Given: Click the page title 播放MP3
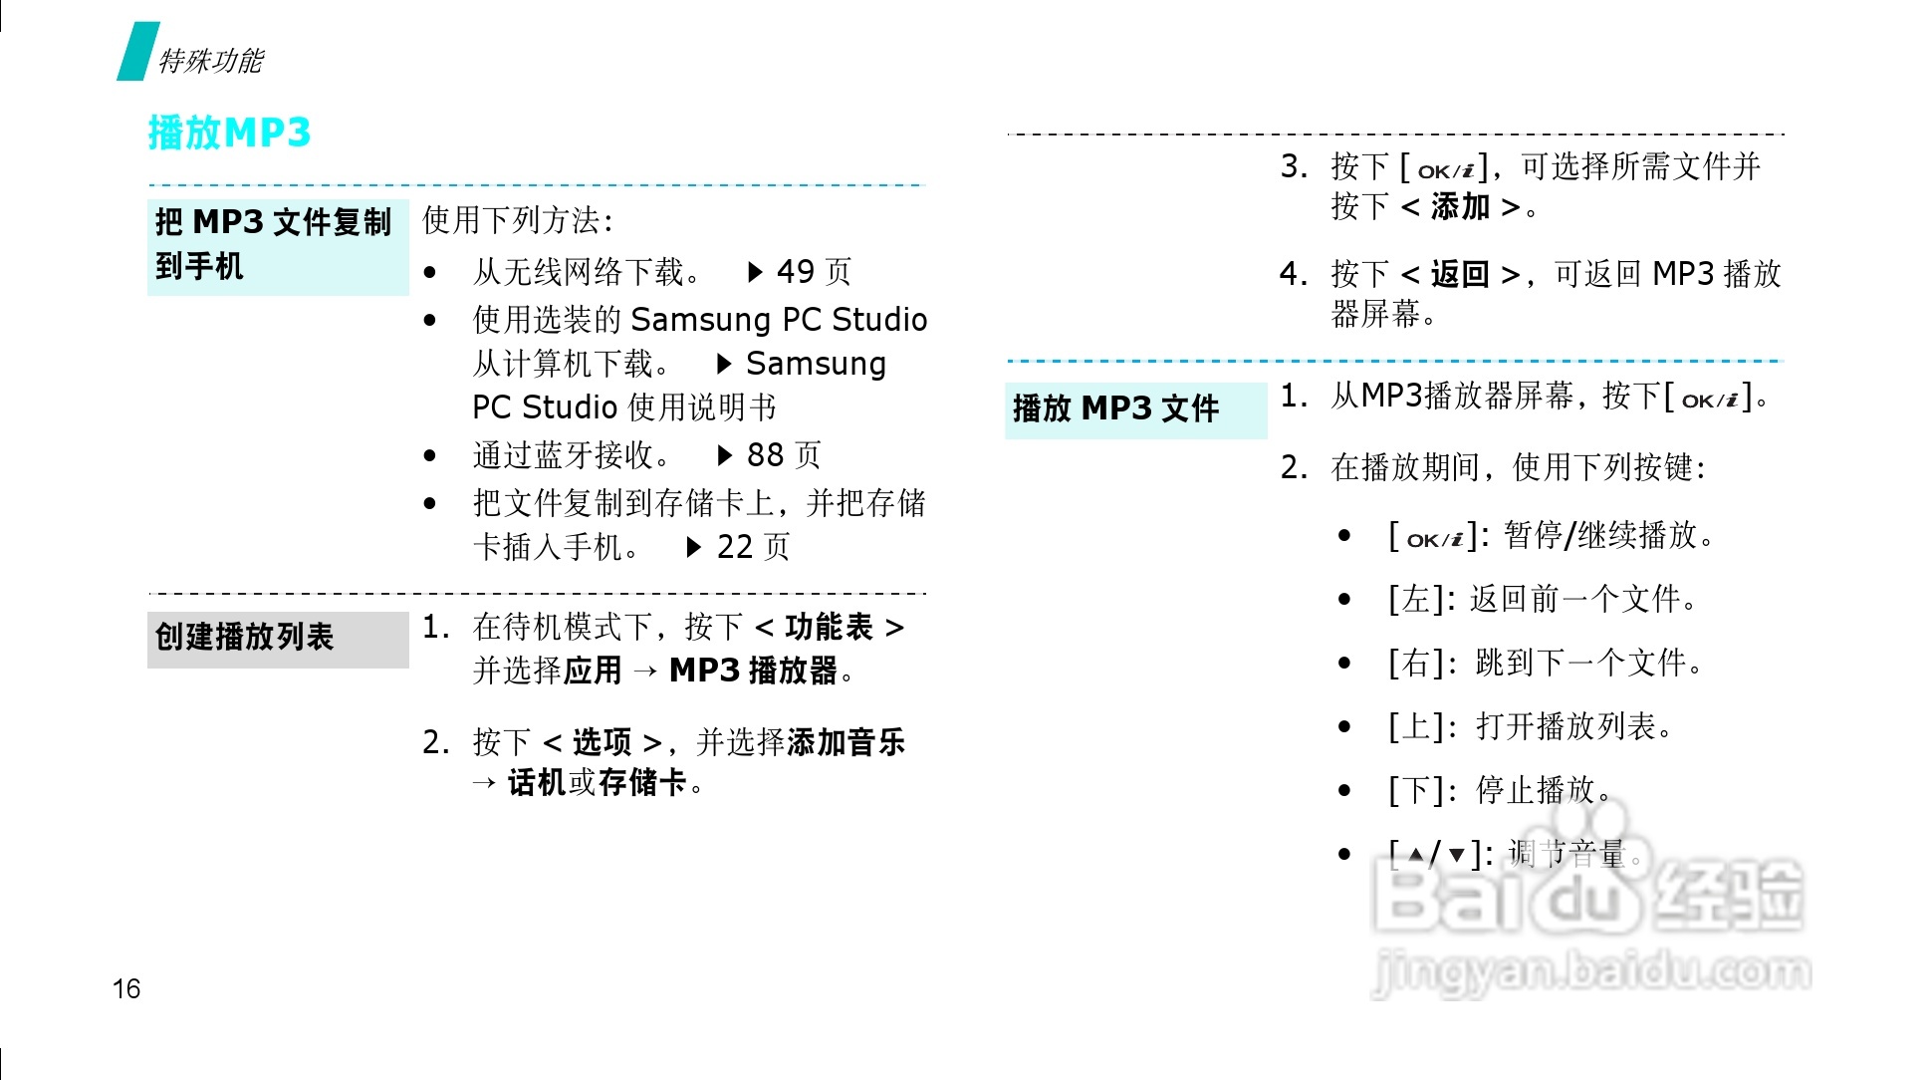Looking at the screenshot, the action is point(229,133).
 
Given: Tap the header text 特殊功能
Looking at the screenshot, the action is point(211,61).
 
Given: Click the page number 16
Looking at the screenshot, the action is point(126,988).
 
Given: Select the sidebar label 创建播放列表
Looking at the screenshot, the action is point(244,637).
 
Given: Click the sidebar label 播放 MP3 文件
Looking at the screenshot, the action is point(1115,408).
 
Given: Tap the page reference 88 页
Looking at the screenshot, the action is point(784,455).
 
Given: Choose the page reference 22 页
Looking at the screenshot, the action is point(753,547).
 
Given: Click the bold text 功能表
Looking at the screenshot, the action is point(829,628).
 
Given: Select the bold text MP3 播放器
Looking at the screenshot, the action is point(753,671).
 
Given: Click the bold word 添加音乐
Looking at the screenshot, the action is point(846,742).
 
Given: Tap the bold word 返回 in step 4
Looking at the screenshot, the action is point(1460,274).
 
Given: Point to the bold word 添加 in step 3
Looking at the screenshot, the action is point(1460,207).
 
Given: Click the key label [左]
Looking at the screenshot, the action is point(1415,599).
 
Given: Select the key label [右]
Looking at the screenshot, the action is point(1415,663).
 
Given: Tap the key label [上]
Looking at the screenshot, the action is point(1415,726).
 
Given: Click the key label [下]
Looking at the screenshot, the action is point(1415,790).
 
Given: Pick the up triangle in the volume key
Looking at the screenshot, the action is point(1416,855).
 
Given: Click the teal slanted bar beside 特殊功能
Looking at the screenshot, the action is point(137,52).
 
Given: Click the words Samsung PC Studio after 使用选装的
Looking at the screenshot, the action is point(779,320).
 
